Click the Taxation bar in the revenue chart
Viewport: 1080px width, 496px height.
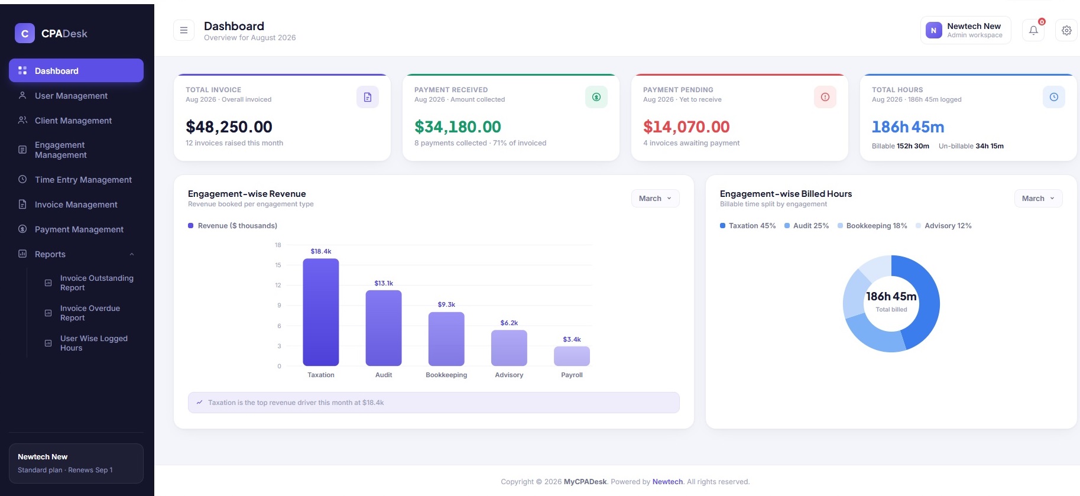(x=321, y=312)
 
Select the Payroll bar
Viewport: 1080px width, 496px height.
(x=572, y=356)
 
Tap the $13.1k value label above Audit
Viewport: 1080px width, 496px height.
(x=384, y=283)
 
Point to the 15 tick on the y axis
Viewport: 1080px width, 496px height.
(x=278, y=265)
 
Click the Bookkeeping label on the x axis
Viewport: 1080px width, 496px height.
(x=446, y=375)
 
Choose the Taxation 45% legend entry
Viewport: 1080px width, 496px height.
(x=748, y=226)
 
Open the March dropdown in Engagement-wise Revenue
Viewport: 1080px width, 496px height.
(x=655, y=199)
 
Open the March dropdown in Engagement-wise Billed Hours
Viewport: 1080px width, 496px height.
(x=1038, y=199)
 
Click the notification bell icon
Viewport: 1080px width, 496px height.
(x=1033, y=30)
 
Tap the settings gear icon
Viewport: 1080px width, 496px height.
(x=1066, y=30)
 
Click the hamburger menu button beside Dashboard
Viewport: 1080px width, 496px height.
(x=184, y=30)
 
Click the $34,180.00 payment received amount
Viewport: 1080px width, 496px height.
(x=458, y=127)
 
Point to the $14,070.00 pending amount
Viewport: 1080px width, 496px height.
(x=686, y=127)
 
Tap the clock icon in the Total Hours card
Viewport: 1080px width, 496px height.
(x=1054, y=97)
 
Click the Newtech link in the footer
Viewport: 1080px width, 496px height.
(x=667, y=482)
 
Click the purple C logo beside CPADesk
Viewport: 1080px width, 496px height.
(x=25, y=34)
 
